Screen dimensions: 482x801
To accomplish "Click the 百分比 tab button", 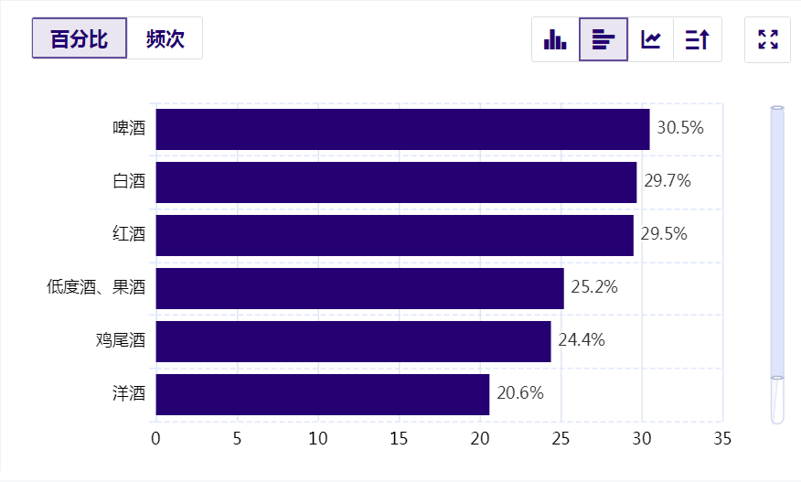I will [x=80, y=39].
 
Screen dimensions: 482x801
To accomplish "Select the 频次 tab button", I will [x=165, y=39].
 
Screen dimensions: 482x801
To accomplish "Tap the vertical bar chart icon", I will [x=555, y=39].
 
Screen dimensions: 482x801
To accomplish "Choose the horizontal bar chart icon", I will [x=603, y=39].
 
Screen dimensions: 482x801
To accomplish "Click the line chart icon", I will [x=651, y=39].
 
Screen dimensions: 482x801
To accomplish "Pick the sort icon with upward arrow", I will [x=698, y=39].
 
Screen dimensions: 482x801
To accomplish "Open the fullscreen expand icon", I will [x=768, y=39].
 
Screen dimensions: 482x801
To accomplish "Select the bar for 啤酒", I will [x=402, y=129].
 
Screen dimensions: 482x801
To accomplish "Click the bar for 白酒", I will [x=396, y=182].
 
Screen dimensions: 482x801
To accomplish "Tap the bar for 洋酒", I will [x=322, y=394].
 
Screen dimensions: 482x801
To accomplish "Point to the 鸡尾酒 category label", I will [x=120, y=341].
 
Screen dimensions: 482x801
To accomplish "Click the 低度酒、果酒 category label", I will [x=96, y=288].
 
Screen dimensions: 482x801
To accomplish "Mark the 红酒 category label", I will [x=128, y=235].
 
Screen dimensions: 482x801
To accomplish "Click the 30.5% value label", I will [x=680, y=128].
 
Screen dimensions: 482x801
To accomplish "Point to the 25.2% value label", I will [x=594, y=287].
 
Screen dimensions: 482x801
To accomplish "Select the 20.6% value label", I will [x=520, y=393].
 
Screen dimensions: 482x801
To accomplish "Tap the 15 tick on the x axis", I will [x=400, y=438].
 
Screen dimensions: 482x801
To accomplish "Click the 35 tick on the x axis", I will [x=722, y=438].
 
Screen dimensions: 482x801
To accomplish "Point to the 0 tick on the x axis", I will [x=156, y=438].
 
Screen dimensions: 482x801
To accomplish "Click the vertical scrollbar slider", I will [x=777, y=242].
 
